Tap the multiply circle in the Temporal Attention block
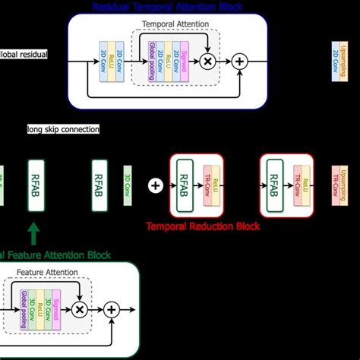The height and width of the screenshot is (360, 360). point(207,60)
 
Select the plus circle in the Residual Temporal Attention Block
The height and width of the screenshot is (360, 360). point(239,60)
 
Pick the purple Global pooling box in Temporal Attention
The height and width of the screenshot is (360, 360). point(153,59)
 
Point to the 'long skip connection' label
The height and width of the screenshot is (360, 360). point(63,129)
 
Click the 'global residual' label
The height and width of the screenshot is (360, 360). point(24,54)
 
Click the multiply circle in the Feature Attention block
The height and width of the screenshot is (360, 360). point(78,309)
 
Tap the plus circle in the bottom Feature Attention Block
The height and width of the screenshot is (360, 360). point(111,309)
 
